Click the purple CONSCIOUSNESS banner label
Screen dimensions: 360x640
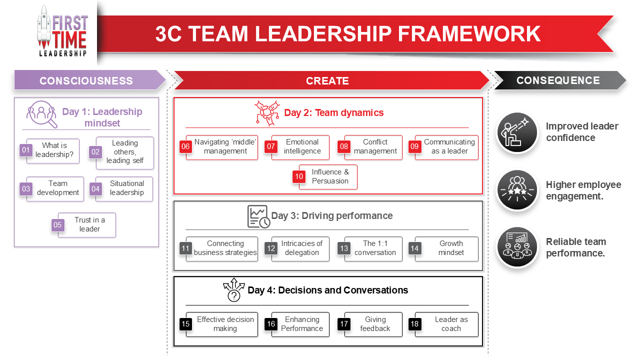pyautogui.click(x=86, y=80)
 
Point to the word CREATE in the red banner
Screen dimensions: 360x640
pyautogui.click(x=327, y=81)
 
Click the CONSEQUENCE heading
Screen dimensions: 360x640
pyautogui.click(x=558, y=80)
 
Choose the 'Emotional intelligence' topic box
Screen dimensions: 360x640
pyautogui.click(x=301, y=147)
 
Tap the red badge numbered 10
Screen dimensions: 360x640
pyautogui.click(x=299, y=176)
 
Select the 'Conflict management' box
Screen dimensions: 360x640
pyautogui.click(x=374, y=147)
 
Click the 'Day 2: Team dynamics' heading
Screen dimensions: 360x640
pyautogui.click(x=333, y=112)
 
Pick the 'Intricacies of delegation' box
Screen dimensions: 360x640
pyautogui.click(x=301, y=248)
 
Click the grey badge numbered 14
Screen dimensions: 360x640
pyautogui.click(x=414, y=248)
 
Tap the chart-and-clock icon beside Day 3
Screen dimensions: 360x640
pyautogui.click(x=258, y=216)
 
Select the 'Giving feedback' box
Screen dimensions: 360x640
pyautogui.click(x=374, y=324)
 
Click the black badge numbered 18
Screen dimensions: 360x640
pyautogui.click(x=414, y=324)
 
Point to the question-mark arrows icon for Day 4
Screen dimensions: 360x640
pyautogui.click(x=234, y=290)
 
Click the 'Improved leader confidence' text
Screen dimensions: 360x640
pyautogui.click(x=581, y=132)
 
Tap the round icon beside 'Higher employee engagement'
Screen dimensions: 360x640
pyautogui.click(x=517, y=190)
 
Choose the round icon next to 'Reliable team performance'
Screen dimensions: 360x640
pyautogui.click(x=517, y=247)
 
